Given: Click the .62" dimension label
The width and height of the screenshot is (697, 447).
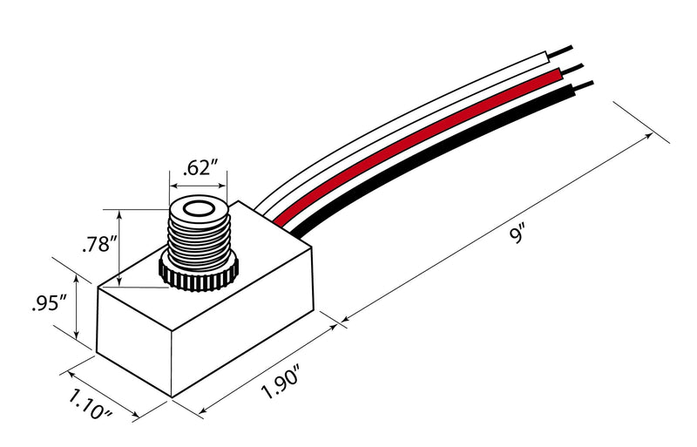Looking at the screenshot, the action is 200,167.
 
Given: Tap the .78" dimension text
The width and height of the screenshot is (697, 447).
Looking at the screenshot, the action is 99,243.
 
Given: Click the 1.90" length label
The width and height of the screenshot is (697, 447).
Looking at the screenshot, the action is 281,380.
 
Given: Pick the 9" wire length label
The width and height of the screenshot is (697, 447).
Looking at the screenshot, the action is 518,234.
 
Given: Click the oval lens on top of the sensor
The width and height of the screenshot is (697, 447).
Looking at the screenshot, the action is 199,209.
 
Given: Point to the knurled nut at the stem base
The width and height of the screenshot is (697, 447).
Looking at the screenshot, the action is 199,274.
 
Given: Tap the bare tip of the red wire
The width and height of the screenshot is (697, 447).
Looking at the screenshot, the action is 572,69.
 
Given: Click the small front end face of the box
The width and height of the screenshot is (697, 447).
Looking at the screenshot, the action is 134,340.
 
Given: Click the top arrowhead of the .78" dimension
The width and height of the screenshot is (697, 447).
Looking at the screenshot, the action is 119,215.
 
